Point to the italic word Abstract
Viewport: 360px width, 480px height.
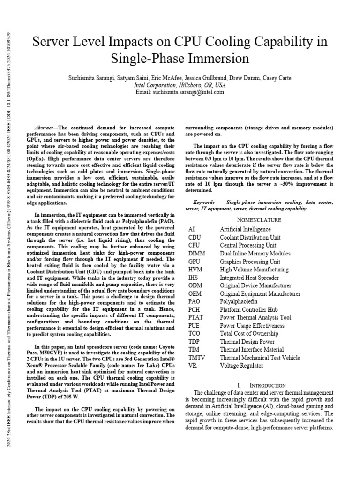(45, 128)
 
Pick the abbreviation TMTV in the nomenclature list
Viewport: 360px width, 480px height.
(197, 357)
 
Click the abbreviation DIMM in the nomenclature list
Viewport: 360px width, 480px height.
(197, 253)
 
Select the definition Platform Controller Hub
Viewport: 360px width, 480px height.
(248, 309)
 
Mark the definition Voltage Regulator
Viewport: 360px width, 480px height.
(241, 365)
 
